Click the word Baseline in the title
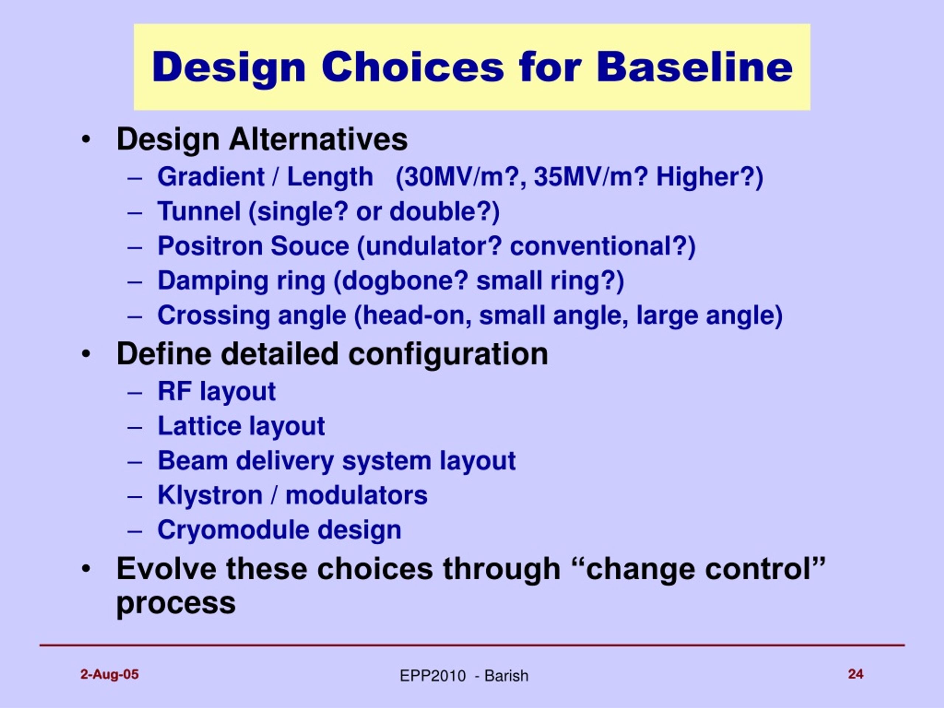[x=694, y=67]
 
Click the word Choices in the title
[x=413, y=67]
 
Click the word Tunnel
[x=199, y=211]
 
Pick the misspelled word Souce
[x=310, y=246]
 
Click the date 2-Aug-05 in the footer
[x=110, y=675]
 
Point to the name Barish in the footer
[x=507, y=676]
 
